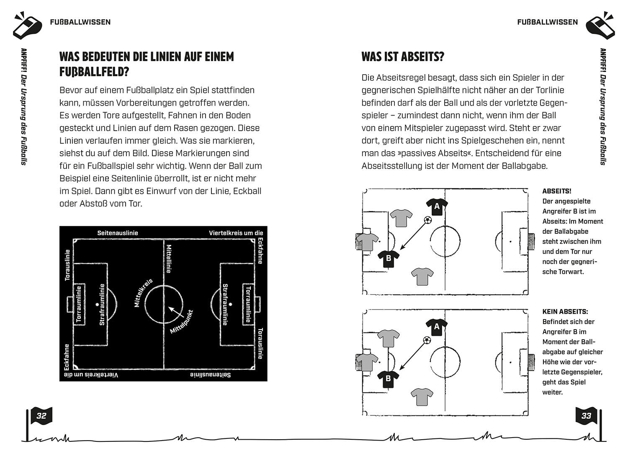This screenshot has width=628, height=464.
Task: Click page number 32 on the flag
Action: pos(41,416)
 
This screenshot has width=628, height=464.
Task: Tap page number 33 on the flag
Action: pos(586,416)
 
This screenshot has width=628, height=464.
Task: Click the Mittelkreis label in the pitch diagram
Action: pos(144,293)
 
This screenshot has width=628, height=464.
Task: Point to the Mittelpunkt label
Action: pos(181,322)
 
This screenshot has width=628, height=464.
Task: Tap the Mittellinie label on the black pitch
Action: pos(169,258)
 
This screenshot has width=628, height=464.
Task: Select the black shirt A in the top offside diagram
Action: pos(437,206)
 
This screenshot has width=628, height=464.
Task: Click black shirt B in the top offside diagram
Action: pos(389,258)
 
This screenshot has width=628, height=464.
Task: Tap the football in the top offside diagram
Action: pos(427,220)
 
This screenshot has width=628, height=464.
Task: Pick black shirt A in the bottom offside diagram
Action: pos(437,327)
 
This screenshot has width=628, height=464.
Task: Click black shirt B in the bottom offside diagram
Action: pos(388,379)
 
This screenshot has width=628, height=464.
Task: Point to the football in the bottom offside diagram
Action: pos(427,341)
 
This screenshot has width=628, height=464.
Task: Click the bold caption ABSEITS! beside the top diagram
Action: pos(556,191)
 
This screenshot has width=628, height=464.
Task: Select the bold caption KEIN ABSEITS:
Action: pos(565,312)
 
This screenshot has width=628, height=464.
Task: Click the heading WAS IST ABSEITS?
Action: pos(402,57)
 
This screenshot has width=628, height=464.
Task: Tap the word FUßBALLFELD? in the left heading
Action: pos(94,72)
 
